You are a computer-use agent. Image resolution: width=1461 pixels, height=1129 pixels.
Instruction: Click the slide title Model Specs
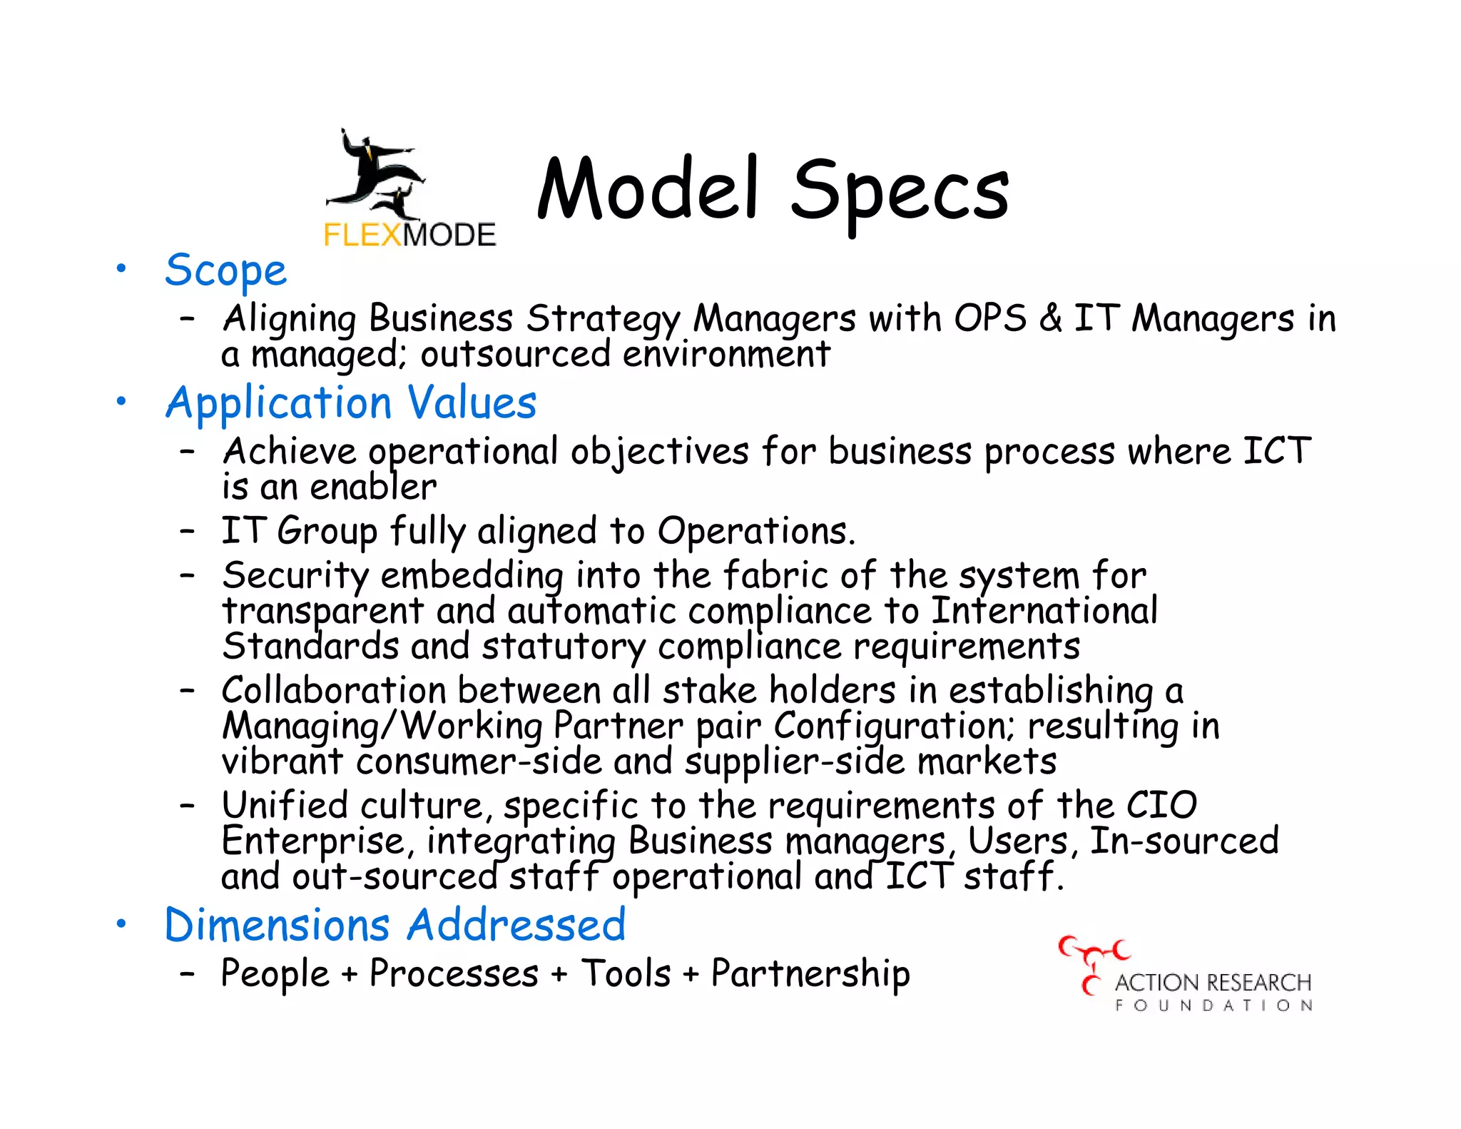[773, 189]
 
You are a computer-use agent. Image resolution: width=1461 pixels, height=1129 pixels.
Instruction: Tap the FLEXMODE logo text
[409, 235]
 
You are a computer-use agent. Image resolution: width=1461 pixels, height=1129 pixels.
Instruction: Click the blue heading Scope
[225, 270]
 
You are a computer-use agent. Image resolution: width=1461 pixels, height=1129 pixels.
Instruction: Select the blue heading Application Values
[350, 403]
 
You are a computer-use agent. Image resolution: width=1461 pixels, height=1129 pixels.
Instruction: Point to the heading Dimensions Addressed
[394, 925]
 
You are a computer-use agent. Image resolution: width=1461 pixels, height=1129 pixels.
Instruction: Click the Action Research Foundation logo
[1186, 976]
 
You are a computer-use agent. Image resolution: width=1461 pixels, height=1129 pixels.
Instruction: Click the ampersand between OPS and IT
[1050, 318]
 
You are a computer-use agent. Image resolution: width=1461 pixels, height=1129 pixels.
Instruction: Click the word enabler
[373, 487]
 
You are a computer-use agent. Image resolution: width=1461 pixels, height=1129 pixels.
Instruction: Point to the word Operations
[755, 531]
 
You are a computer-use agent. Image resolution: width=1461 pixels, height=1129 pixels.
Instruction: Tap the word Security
[295, 575]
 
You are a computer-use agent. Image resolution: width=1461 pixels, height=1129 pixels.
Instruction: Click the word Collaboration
[334, 690]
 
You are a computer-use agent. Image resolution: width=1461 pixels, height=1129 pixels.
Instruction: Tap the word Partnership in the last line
[810, 974]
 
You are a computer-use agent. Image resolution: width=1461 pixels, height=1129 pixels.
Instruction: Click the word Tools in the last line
[626, 974]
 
